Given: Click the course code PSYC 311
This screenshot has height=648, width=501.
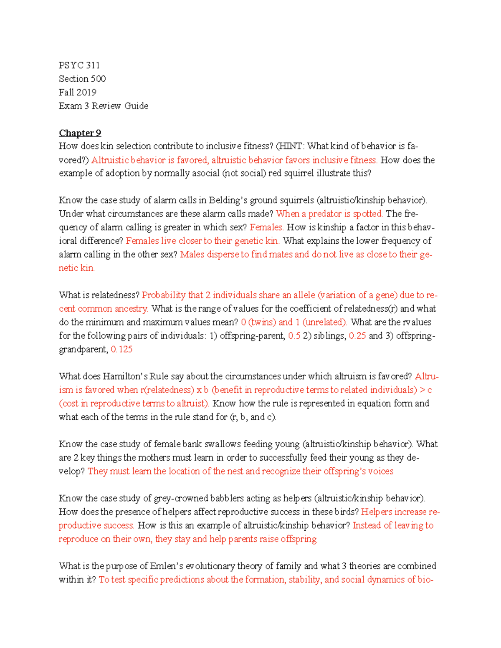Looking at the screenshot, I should (x=79, y=65).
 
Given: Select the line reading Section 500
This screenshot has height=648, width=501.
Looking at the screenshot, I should (x=82, y=79).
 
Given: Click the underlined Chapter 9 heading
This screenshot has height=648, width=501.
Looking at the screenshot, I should (x=80, y=133).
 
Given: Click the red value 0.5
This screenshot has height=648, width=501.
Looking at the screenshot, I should (x=294, y=336).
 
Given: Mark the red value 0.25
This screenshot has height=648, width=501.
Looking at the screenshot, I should (x=357, y=336).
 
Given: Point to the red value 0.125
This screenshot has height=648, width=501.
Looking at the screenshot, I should (x=121, y=349).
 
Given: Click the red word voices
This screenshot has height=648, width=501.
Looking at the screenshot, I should (x=380, y=471).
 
